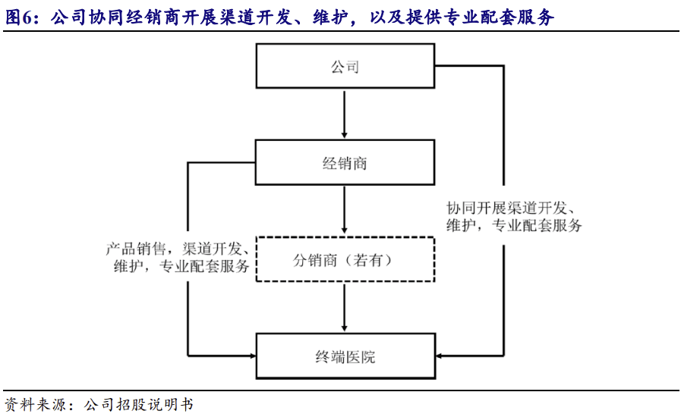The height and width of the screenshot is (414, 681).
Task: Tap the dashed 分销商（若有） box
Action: coord(345,260)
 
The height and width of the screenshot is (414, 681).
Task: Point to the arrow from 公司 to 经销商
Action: coord(345,114)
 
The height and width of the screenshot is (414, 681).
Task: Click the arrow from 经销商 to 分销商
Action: coord(345,210)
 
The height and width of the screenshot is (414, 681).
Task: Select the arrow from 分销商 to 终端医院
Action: coord(345,307)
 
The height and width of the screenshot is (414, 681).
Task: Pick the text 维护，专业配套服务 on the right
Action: coord(514,226)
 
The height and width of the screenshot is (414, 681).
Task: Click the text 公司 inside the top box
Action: coord(345,67)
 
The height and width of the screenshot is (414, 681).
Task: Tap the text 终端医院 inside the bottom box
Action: coord(345,356)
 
